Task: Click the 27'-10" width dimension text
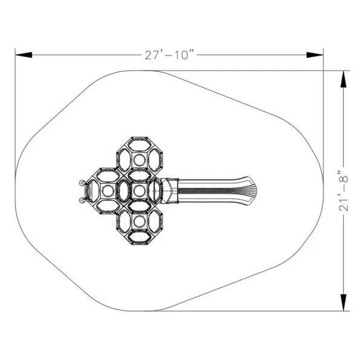(x=169, y=55)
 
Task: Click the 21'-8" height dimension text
(x=344, y=191)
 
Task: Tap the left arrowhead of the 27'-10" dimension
(x=24, y=55)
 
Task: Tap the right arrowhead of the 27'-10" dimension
(x=315, y=55)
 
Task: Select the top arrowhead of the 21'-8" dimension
(x=344, y=79)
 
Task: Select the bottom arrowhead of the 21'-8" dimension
(x=344, y=303)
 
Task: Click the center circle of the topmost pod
(x=139, y=160)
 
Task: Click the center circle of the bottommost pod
(x=139, y=221)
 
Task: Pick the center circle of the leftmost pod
(x=108, y=191)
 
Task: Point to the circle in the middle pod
(x=139, y=191)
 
